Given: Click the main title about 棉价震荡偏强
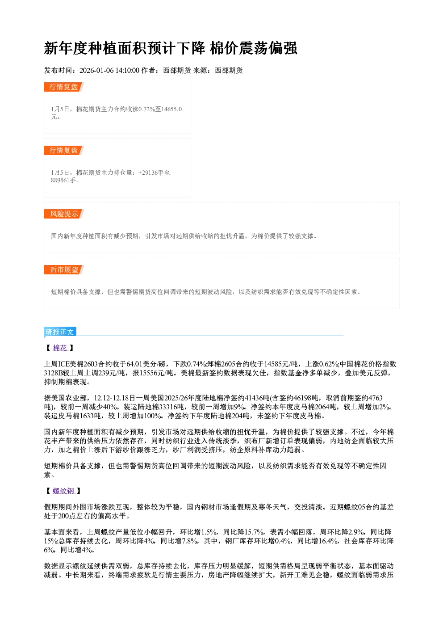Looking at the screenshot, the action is tap(170, 48).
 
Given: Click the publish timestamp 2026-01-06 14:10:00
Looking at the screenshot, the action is tap(109, 71).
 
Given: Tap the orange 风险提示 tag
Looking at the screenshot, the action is tap(64, 214).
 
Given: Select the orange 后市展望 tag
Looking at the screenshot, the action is tap(64, 269).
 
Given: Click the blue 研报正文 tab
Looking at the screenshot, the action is tap(60, 332).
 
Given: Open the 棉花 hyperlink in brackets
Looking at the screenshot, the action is tap(60, 348).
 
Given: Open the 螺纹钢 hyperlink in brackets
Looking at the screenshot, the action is tap(63, 491).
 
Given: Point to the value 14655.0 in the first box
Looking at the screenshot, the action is tap(172, 109).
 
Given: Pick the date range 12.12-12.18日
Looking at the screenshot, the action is tap(115, 398).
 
